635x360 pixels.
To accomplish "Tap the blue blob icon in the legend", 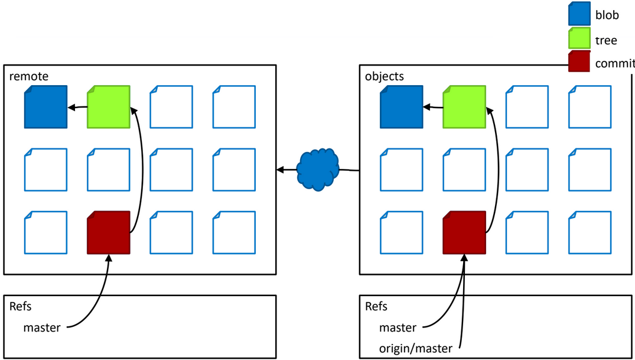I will tap(579, 14).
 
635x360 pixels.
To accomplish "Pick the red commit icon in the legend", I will tap(579, 61).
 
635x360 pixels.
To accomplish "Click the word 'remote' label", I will tap(29, 76).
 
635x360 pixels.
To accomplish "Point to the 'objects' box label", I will tap(385, 76).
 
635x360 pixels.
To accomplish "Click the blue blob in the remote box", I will tap(45, 107).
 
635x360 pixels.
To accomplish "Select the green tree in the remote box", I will tap(108, 107).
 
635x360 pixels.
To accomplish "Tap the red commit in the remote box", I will tap(108, 233).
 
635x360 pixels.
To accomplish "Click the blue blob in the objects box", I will tap(401, 107).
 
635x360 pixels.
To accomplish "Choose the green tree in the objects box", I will tap(464, 107).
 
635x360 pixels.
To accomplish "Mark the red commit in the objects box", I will tap(464, 233).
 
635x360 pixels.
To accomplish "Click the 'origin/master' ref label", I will tap(416, 349).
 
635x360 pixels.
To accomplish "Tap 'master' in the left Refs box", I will tap(42, 327).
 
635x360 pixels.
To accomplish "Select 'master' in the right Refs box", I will tap(398, 327).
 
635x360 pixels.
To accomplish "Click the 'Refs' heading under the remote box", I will tap(21, 306).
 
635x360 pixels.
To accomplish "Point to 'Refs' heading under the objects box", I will tap(376, 306).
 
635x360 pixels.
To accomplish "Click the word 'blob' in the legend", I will tap(607, 15).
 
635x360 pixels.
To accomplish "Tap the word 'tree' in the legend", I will tap(606, 40).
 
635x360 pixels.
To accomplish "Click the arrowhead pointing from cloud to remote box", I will tap(280, 170).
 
